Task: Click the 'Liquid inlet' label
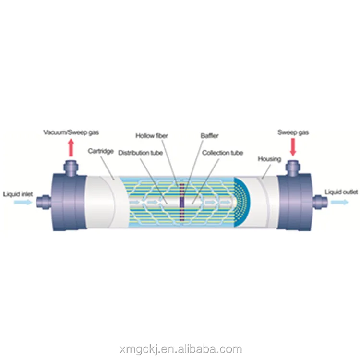18,194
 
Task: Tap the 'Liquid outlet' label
341,192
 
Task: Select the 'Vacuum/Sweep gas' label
71,132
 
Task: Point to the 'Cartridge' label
101,151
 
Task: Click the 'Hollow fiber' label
152,136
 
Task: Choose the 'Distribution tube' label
141,153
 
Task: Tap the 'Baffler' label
209,136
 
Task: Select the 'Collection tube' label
222,153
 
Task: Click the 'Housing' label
269,159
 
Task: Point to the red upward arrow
71,148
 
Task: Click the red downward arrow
293,147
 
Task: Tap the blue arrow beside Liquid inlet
23,202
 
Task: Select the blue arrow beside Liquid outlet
340,202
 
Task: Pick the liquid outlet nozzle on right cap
320,202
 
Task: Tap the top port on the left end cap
71,168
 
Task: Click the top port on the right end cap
293,168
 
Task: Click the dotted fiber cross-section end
242,202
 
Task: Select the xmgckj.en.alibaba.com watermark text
181,349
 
